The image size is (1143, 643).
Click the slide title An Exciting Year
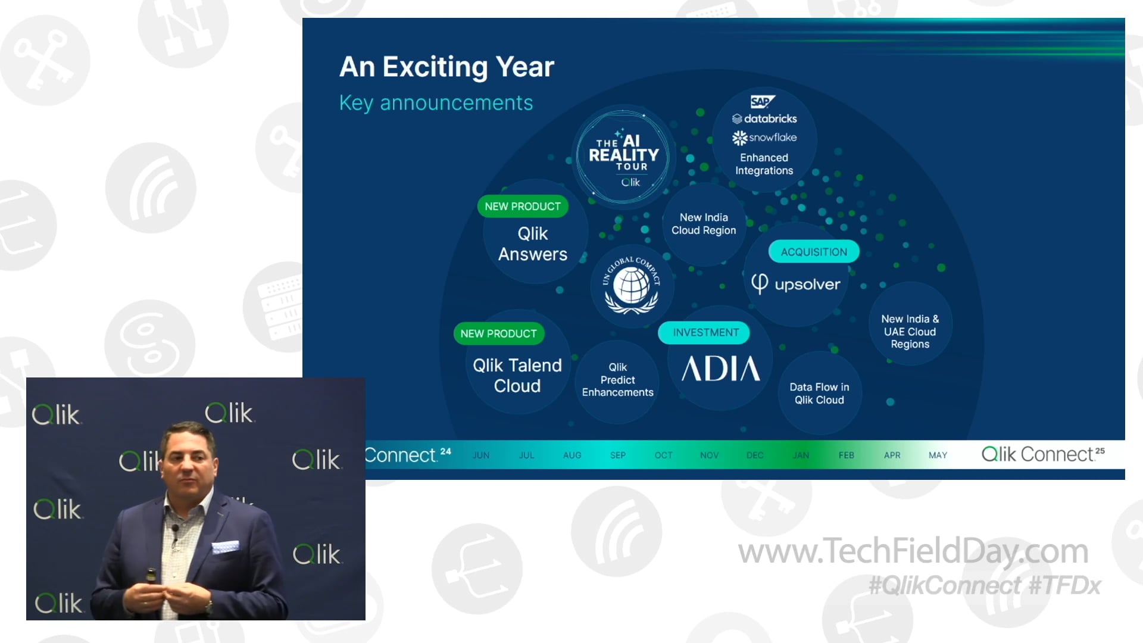(x=446, y=67)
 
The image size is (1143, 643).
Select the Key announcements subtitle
(x=436, y=103)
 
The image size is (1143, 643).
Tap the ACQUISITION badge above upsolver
(x=813, y=252)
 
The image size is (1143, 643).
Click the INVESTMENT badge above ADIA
(x=705, y=333)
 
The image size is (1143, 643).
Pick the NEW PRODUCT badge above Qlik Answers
(x=522, y=207)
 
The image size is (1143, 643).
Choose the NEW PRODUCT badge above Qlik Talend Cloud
(x=498, y=334)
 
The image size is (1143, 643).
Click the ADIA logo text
(x=720, y=369)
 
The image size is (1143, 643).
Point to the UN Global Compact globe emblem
(x=632, y=286)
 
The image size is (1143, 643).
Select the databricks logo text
(x=764, y=118)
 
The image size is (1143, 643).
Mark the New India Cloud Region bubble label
(x=704, y=224)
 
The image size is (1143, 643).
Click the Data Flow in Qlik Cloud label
(x=819, y=394)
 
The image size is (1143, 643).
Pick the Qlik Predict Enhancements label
(x=617, y=380)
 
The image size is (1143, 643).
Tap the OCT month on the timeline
(x=663, y=455)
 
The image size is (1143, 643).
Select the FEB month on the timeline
(x=846, y=455)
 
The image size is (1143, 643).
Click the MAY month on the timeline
(x=938, y=455)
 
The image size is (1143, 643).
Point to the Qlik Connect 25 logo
(x=1042, y=455)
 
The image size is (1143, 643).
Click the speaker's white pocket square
(x=226, y=546)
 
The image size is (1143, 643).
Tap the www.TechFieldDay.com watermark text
(x=913, y=551)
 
